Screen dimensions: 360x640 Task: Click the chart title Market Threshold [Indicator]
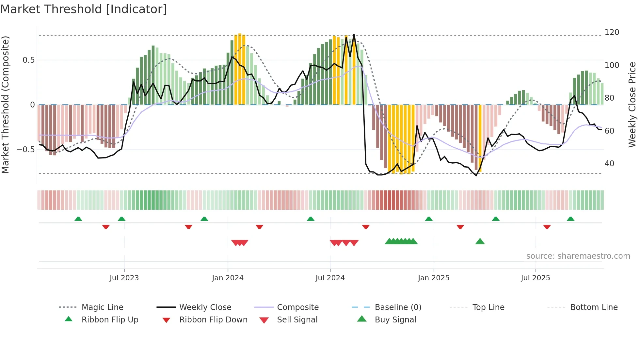84,9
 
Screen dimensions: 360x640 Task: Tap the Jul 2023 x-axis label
124,278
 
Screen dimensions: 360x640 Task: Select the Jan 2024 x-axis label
228,278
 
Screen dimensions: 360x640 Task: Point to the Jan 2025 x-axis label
434,278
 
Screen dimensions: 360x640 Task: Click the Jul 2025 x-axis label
536,278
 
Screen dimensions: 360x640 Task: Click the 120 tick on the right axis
612,32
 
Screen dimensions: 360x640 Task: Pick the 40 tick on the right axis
609,164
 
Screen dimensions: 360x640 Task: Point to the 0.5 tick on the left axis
29,60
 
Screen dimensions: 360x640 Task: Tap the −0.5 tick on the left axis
26,150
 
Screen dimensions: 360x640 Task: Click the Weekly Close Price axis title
632,105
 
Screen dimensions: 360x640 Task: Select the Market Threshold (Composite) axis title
5,105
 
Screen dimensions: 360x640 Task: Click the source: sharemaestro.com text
578,256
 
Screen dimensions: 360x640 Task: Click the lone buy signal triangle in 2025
480,241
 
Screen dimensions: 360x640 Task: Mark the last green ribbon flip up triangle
570,219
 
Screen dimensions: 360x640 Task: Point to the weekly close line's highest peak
354,34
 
